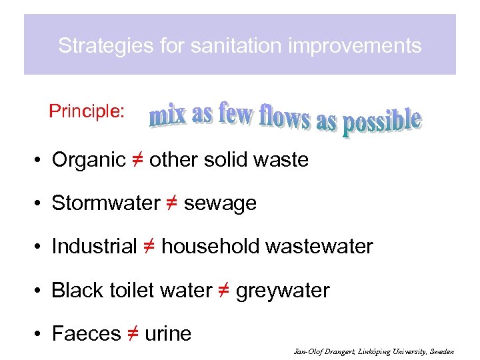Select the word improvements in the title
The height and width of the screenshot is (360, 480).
pos(348,46)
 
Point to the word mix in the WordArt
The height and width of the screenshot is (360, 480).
pos(168,116)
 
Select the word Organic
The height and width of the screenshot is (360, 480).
pos(89,160)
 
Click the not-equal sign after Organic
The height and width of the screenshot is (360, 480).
pos(137,160)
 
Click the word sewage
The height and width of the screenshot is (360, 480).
pos(220,203)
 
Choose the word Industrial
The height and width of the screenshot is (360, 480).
pos(94,247)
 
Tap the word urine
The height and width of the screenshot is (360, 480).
pos(167,334)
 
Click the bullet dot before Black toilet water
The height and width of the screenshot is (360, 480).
pos(41,291)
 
